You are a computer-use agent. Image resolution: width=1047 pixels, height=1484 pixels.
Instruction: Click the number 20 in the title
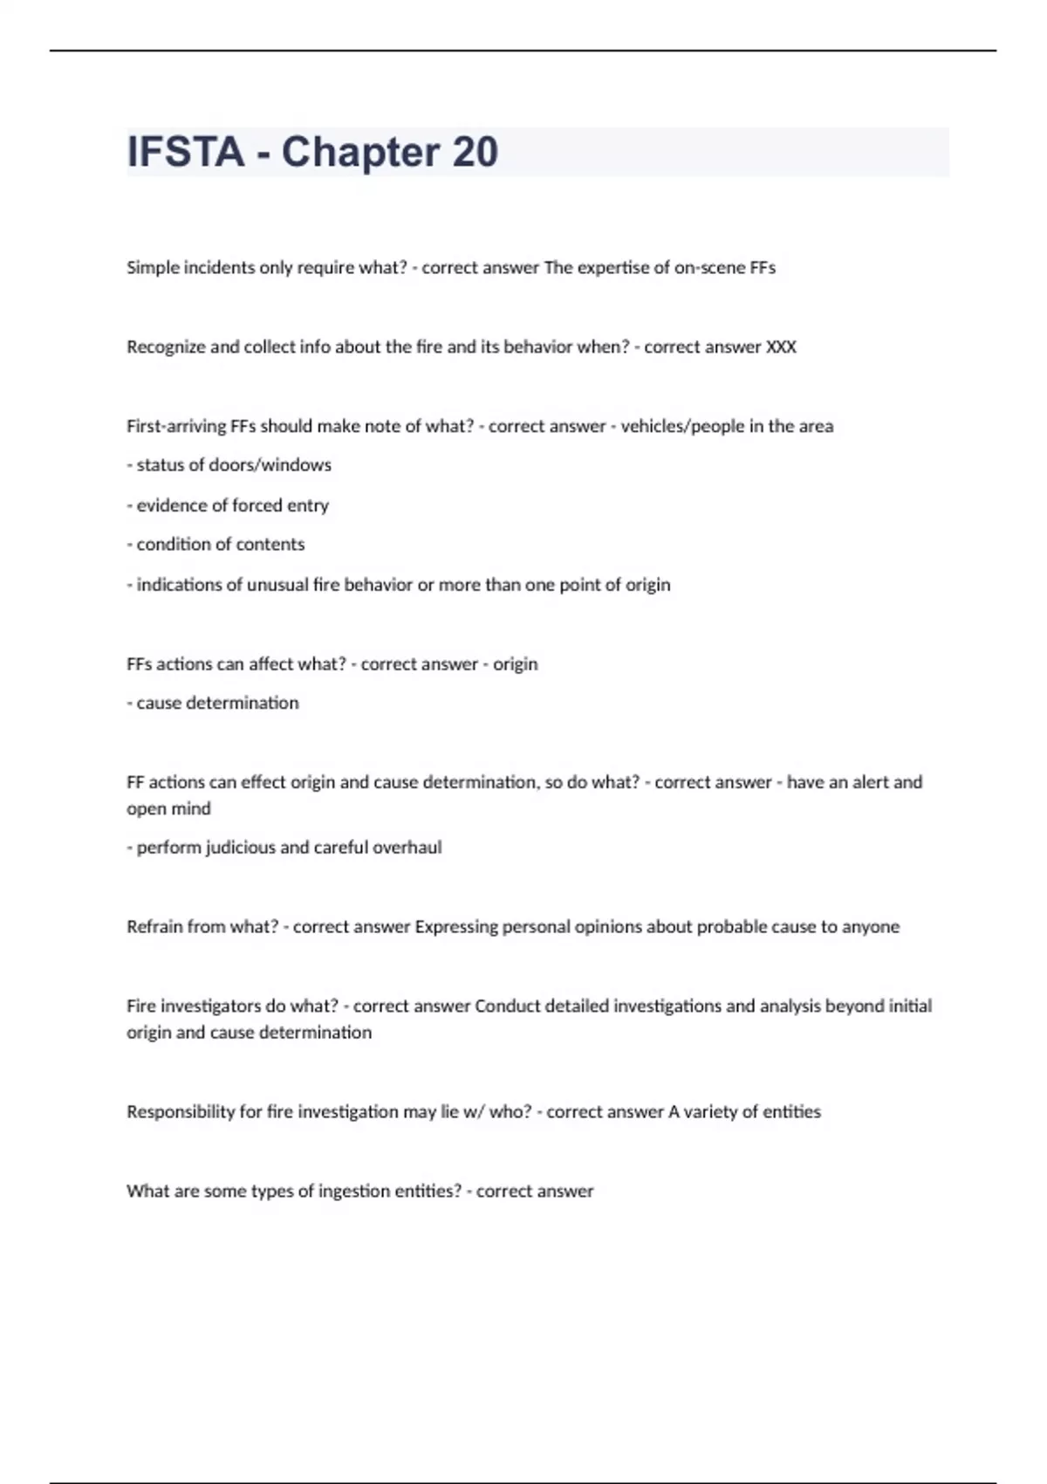475,152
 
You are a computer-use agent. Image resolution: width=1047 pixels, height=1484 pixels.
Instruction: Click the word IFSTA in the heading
185,152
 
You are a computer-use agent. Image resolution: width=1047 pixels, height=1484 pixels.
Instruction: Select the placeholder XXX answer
781,347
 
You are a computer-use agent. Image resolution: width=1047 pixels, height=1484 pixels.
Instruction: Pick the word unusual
277,585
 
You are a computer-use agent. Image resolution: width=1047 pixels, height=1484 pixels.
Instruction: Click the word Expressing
455,927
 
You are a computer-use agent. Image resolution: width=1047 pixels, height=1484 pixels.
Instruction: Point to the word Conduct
507,1007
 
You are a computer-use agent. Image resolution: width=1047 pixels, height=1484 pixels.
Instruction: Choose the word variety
710,1112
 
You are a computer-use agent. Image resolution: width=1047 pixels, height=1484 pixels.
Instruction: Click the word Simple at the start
152,268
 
